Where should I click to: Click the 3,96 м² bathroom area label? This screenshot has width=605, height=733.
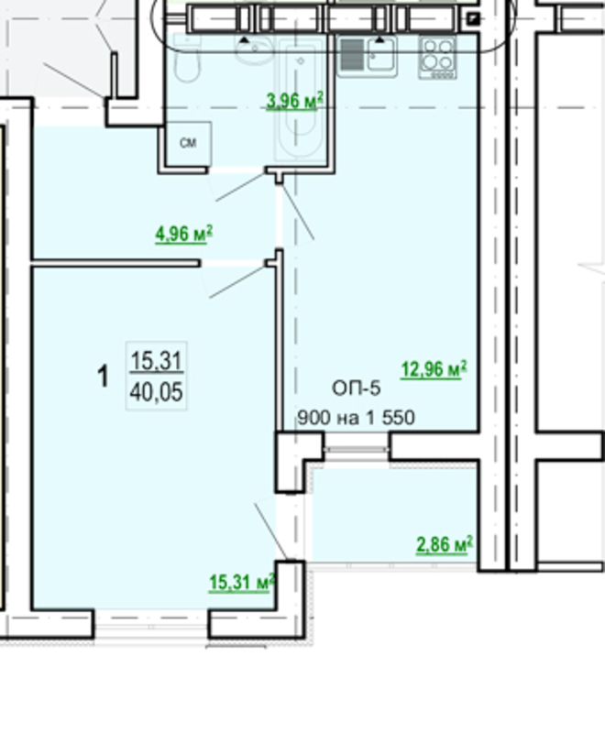[294, 101]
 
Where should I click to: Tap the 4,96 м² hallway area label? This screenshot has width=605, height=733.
[183, 234]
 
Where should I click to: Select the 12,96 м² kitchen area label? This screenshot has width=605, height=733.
[434, 369]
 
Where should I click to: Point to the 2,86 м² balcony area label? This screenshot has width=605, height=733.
[445, 544]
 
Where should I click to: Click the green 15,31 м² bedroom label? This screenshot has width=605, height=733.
[242, 583]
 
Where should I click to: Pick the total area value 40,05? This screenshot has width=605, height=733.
[156, 392]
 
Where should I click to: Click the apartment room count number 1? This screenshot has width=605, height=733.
[103, 377]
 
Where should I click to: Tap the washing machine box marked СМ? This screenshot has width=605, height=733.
[189, 144]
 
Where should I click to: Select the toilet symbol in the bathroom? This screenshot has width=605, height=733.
[187, 59]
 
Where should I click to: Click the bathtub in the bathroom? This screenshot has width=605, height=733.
[300, 99]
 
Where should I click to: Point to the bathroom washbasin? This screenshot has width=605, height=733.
[253, 50]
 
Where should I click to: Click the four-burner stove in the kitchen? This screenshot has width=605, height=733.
[437, 58]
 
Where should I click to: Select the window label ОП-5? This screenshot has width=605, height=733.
[357, 388]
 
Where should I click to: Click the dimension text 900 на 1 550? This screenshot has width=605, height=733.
[357, 418]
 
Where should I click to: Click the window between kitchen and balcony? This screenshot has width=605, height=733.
[357, 449]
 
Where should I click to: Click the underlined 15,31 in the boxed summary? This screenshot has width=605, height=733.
[156, 361]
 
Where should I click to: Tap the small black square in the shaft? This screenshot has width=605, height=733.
[473, 19]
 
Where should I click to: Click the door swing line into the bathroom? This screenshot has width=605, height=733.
[240, 187]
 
